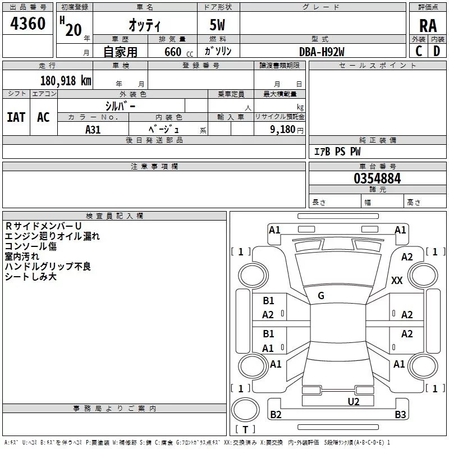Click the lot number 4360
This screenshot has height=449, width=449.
pos(28,24)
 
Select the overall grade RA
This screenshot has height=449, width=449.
pos(428,26)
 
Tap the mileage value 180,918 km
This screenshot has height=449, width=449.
pos(66,81)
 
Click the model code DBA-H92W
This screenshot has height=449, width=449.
pos(322,52)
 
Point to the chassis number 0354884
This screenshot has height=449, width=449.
pos(377,178)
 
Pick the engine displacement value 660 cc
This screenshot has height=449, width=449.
pos(179,52)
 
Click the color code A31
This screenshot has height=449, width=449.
pos(93,130)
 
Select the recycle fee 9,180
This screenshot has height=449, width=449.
pos(283,130)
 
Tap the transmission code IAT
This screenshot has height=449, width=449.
pos(16,117)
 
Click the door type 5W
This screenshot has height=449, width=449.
pos(217,25)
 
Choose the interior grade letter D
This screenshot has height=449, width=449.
pos(437,51)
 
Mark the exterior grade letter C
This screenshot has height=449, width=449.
pos(419,51)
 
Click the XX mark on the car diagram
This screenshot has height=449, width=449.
pos(397,280)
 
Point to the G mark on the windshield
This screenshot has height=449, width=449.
pos(321,296)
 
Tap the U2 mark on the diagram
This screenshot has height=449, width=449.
pos(354,402)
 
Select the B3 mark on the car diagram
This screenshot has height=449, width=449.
pos(400,414)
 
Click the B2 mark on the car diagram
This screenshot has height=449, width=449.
pos(276,414)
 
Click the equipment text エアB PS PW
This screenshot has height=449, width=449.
pos(337,152)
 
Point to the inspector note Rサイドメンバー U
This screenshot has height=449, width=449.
pos(43,226)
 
